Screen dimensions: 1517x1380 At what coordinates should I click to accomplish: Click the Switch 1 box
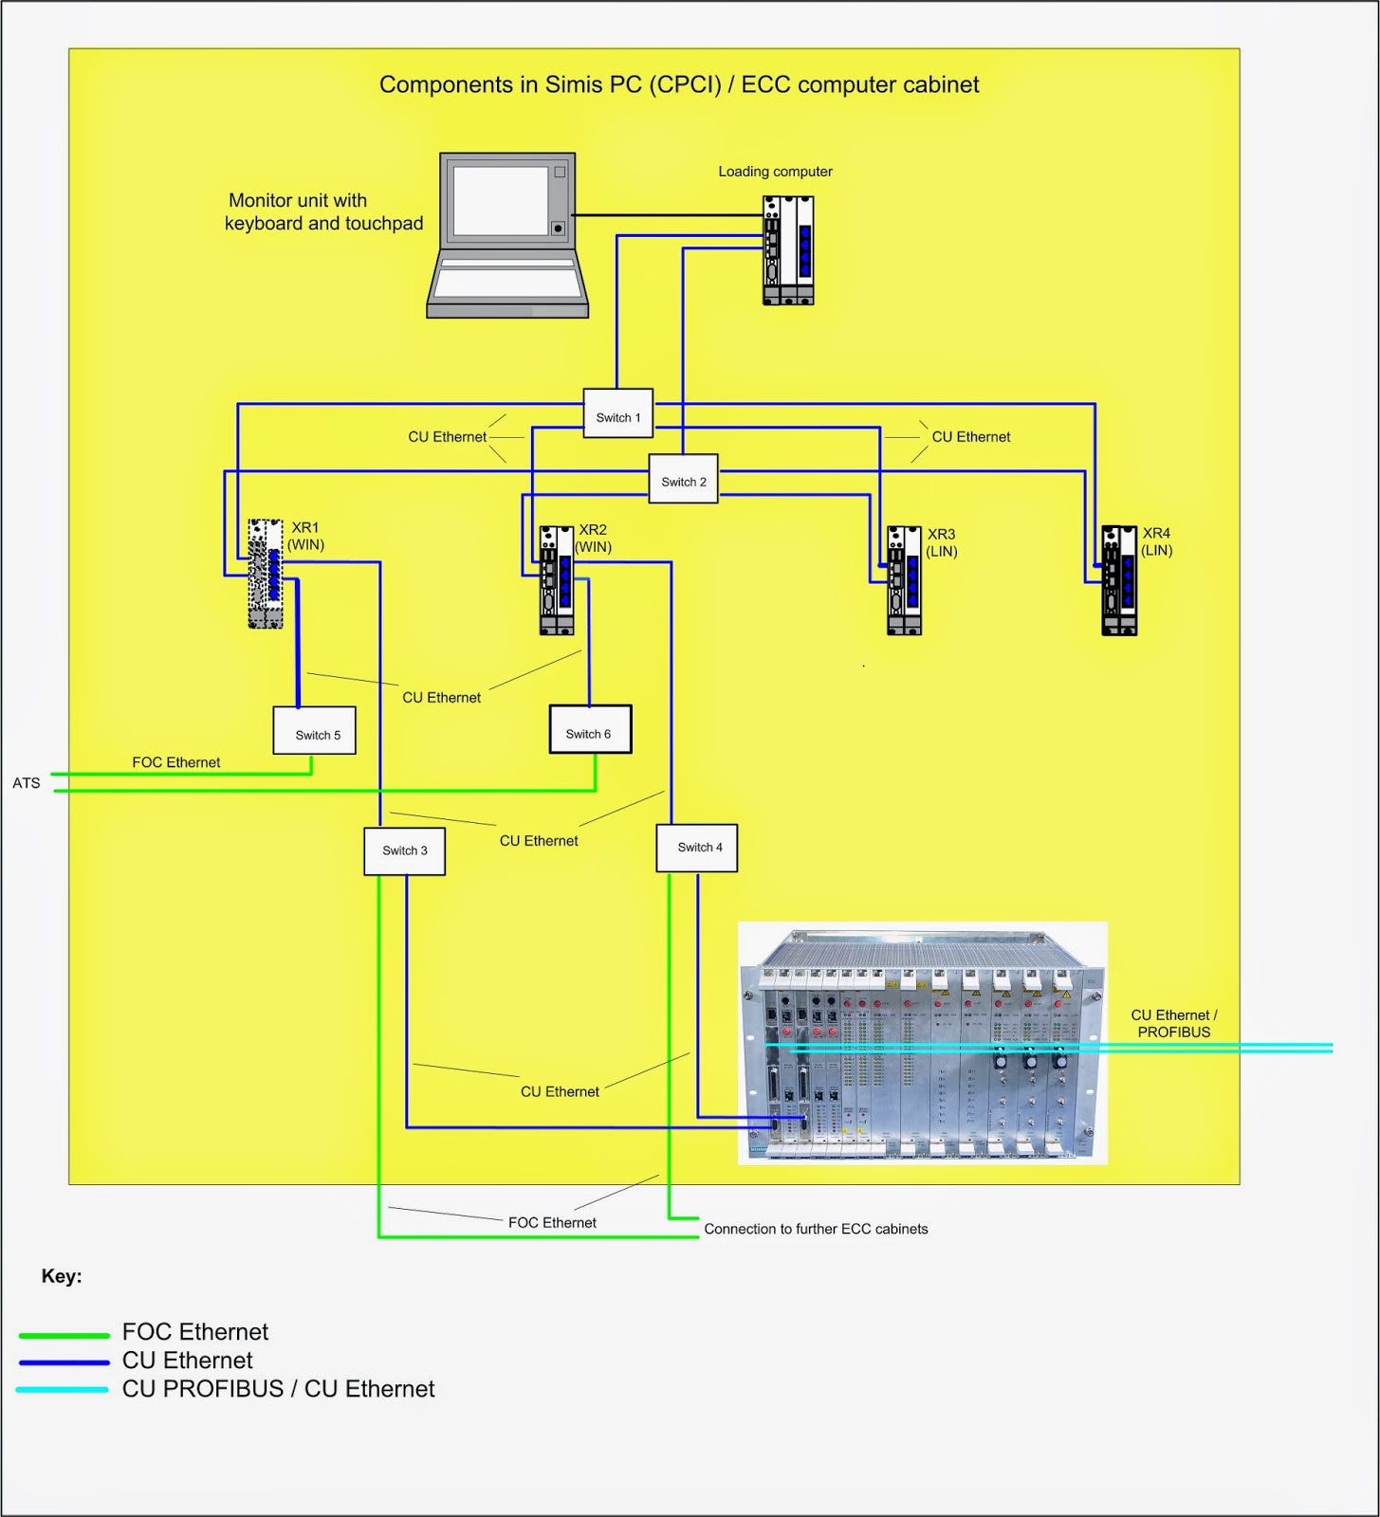tap(617, 413)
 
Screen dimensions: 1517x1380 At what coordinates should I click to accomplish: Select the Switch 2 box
tap(683, 479)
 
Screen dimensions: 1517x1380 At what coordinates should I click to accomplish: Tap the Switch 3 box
tap(404, 851)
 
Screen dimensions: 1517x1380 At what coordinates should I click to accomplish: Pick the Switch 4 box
tap(697, 848)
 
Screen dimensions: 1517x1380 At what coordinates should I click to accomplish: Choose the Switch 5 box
tap(314, 731)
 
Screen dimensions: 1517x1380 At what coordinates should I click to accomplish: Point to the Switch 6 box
tap(590, 730)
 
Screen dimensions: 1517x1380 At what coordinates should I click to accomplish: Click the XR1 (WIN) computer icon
tap(266, 574)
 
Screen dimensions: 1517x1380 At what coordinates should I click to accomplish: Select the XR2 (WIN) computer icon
tap(557, 580)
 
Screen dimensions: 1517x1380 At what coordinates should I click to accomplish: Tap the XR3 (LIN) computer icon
tap(904, 580)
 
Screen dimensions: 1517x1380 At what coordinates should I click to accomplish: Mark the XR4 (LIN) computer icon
tap(1119, 580)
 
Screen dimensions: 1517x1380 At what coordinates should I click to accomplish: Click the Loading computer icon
tap(788, 250)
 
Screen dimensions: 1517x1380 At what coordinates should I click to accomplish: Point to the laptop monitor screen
tap(501, 201)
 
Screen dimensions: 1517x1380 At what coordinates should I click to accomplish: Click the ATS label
tap(27, 783)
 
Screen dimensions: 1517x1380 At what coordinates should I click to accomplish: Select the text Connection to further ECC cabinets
tap(816, 1229)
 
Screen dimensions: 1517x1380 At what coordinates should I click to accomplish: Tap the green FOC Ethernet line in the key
tap(64, 1335)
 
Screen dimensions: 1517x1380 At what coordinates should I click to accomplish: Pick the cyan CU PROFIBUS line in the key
tap(63, 1390)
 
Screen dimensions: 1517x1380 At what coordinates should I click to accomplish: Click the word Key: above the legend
tap(62, 1276)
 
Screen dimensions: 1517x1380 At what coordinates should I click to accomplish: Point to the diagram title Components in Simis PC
tap(679, 84)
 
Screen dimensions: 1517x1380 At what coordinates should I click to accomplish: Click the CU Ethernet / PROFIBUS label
tap(1173, 1024)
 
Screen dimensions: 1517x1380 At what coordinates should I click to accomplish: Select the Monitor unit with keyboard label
tap(322, 211)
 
